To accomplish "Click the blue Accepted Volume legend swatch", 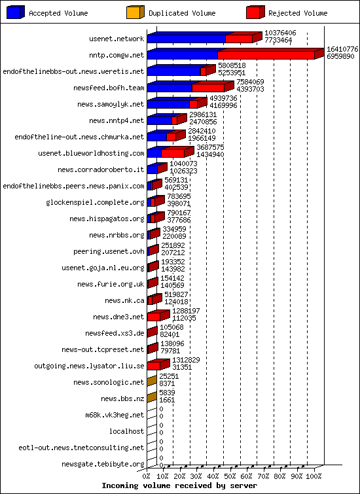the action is coord(16,12).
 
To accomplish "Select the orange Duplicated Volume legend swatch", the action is coord(135,12).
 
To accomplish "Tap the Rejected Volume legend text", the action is coord(298,13).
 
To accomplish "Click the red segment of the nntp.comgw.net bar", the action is coord(266,55).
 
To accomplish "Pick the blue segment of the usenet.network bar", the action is coord(187,39).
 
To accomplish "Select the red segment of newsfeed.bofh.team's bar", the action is coord(208,88).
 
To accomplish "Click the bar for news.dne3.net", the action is coord(158,315).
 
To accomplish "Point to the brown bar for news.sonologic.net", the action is coord(152,381).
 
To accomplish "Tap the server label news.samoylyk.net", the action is coord(111,104).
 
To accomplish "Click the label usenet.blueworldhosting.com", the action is coord(91,153).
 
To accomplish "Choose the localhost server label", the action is coord(127,431).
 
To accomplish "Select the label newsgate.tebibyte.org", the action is coord(103,464).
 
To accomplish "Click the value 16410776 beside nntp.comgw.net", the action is coord(342,49).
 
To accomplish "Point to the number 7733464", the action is coord(278,40).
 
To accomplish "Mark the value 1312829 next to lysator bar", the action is coord(186,360).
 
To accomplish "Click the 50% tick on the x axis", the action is coord(230,476).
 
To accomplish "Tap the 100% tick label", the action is coord(314,476).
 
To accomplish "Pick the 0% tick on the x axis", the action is coord(147,476).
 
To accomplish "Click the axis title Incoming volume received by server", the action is coord(179,485).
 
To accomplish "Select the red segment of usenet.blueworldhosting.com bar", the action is coord(173,153).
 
